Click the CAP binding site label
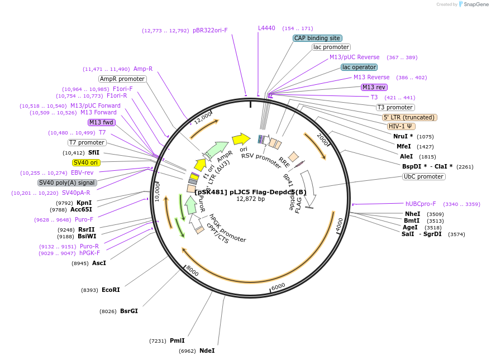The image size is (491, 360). (x=317, y=38)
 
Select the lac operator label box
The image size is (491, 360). (x=359, y=67)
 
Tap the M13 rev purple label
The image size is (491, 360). (x=374, y=87)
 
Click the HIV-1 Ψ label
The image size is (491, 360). (x=402, y=126)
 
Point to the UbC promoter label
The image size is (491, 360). (x=423, y=176)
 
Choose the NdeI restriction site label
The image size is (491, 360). (x=207, y=351)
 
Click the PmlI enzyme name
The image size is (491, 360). (x=177, y=340)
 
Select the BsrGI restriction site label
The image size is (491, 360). (x=128, y=311)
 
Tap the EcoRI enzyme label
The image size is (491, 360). (x=111, y=290)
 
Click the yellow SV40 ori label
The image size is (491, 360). (x=86, y=162)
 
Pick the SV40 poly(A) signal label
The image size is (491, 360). (x=67, y=183)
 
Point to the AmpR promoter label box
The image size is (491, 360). (x=122, y=79)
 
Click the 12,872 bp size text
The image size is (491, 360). (x=250, y=199)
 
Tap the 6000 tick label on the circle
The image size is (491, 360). (x=278, y=286)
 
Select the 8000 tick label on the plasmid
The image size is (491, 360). (x=192, y=271)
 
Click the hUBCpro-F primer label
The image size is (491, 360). (x=421, y=204)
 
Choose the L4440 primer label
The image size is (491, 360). (x=266, y=28)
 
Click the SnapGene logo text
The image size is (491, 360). (x=474, y=4)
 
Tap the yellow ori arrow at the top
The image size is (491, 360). (x=241, y=138)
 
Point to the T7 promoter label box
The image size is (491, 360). (x=87, y=142)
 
